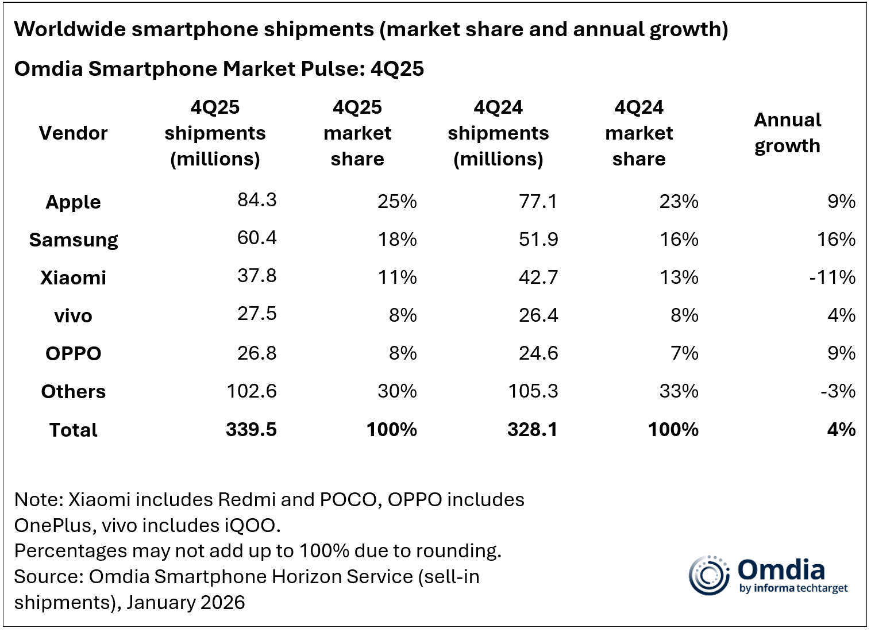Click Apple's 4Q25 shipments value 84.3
(257, 200)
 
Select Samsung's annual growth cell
(836, 239)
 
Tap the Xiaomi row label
(73, 278)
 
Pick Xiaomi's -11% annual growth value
(832, 278)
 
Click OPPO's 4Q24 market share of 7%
(684, 353)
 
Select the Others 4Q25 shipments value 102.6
(251, 391)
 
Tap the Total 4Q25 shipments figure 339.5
(251, 430)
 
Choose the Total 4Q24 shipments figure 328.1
(532, 430)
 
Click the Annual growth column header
(787, 133)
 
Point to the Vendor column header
(73, 133)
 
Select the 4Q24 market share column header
(638, 133)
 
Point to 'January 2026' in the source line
(186, 603)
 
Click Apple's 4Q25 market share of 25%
(397, 202)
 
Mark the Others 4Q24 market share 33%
(679, 391)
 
